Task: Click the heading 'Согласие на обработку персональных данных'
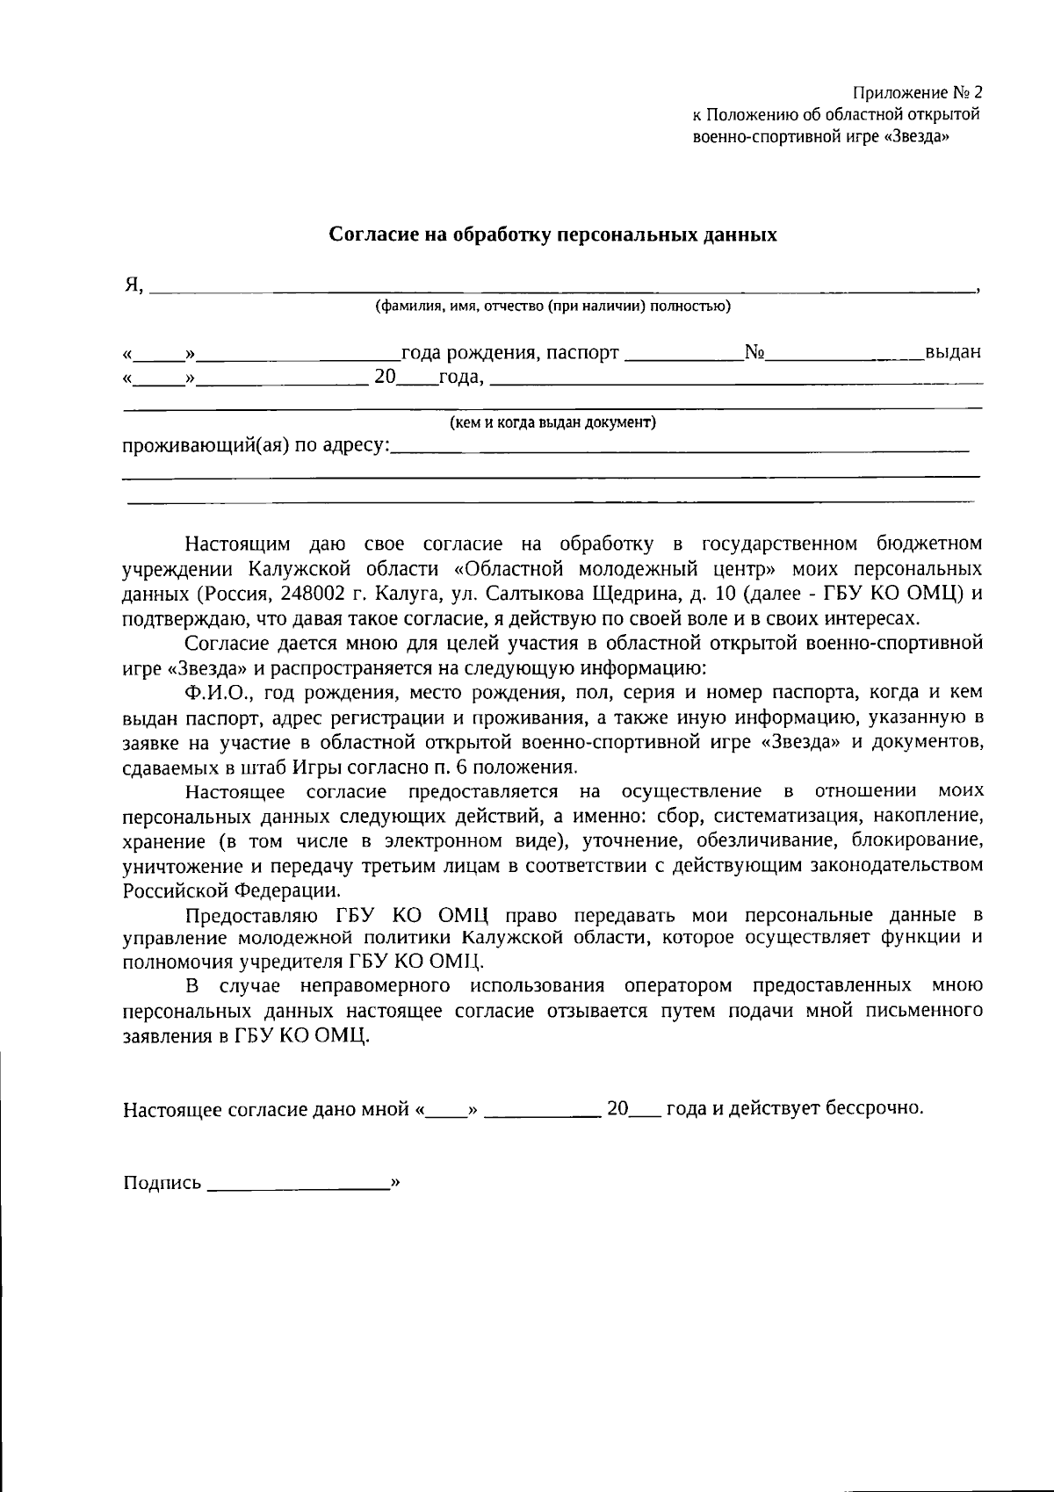[552, 235]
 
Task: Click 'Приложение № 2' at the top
[917, 93]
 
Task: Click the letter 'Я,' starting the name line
[133, 285]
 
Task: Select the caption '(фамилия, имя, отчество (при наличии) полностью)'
[552, 306]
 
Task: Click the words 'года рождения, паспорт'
[509, 353]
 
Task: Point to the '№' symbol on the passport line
[754, 353]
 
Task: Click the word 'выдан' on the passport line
[952, 353]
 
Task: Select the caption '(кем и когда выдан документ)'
[552, 422]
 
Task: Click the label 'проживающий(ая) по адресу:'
[255, 445]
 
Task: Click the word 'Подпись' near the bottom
[162, 1183]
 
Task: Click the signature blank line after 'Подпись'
[299, 1187]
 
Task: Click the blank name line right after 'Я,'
[562, 289]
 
